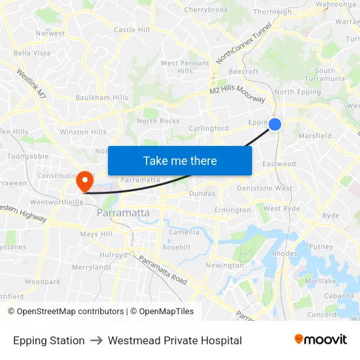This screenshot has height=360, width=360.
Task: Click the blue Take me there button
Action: [180, 161]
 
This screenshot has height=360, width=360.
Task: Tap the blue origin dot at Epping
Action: [275, 124]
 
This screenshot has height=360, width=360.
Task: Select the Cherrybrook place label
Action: [206, 10]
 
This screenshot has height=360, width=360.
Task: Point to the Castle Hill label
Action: [132, 30]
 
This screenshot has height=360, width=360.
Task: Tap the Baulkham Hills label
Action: [101, 98]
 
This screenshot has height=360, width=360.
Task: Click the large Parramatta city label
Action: [123, 213]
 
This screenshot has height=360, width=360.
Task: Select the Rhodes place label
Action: [284, 254]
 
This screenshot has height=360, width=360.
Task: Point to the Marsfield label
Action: [315, 136]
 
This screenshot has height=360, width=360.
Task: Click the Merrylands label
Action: [92, 267]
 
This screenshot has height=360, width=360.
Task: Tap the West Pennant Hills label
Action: [185, 67]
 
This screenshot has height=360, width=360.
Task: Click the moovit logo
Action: [320, 340]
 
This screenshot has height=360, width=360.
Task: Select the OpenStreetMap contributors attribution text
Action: [65, 312]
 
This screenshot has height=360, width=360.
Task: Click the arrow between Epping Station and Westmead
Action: [96, 340]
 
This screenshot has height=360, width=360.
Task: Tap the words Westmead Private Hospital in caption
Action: [175, 340]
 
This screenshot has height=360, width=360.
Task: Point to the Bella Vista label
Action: [31, 53]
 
